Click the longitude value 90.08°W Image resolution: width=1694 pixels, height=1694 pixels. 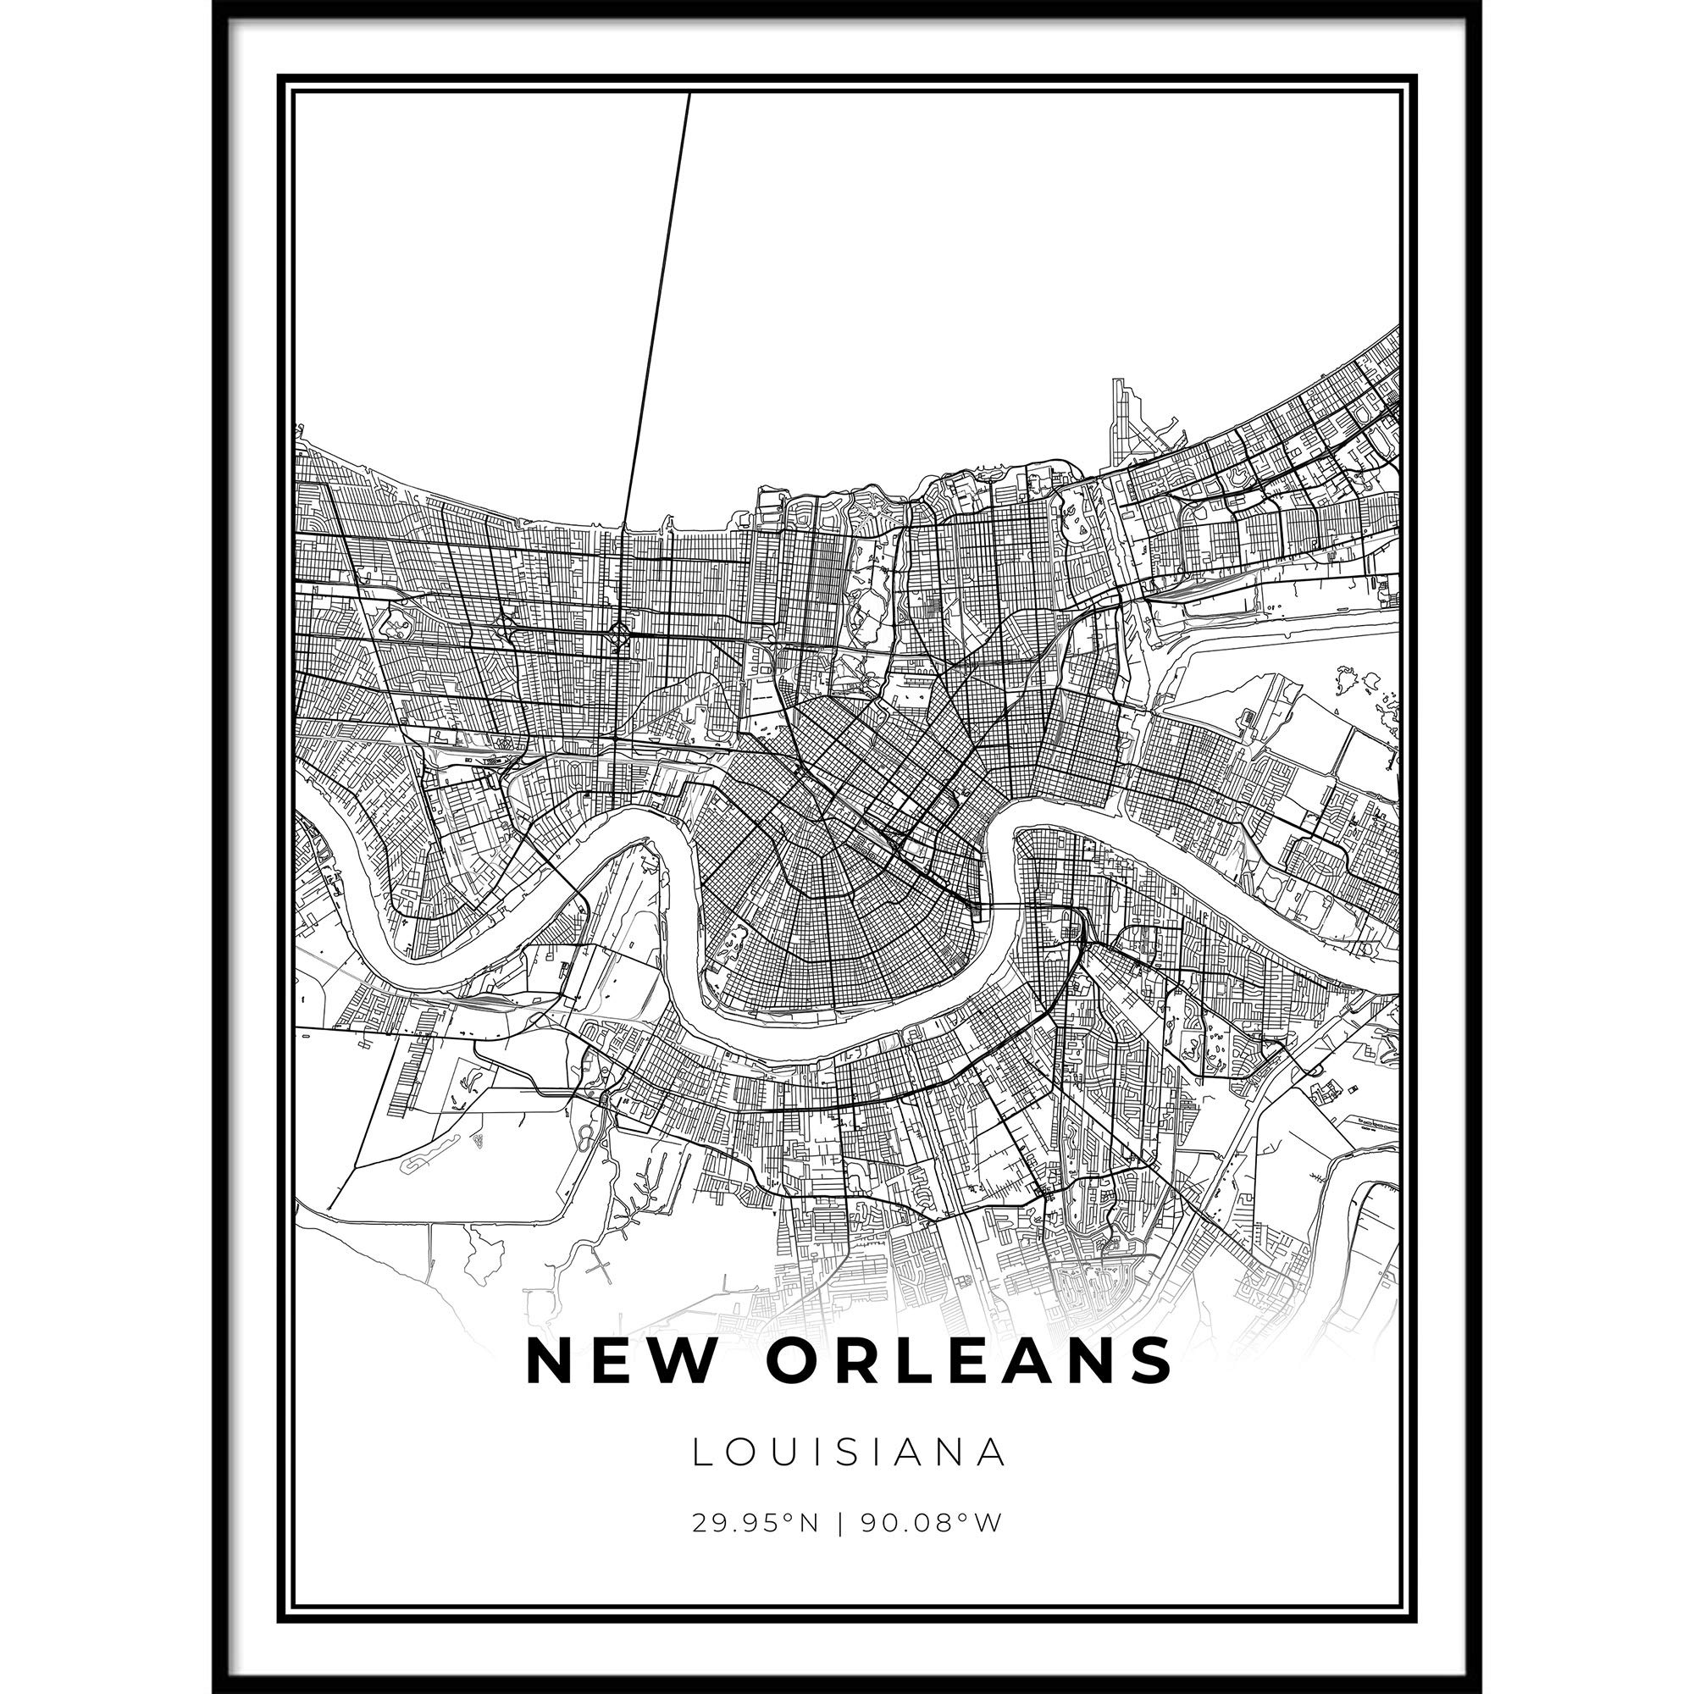coord(929,1547)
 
